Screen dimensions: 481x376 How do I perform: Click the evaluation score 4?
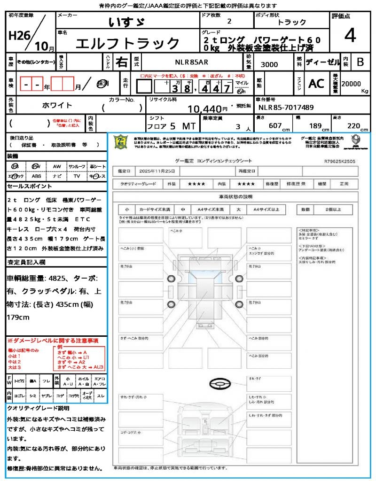[x=350, y=36]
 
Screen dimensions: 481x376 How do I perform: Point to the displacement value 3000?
[x=269, y=65]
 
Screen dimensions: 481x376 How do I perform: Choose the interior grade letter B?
[x=360, y=62]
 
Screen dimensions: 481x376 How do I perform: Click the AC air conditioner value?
[x=316, y=84]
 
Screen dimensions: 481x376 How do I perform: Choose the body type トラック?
[x=291, y=23]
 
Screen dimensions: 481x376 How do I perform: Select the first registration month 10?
[x=41, y=46]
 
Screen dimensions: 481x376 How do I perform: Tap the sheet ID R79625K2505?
[x=339, y=161]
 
